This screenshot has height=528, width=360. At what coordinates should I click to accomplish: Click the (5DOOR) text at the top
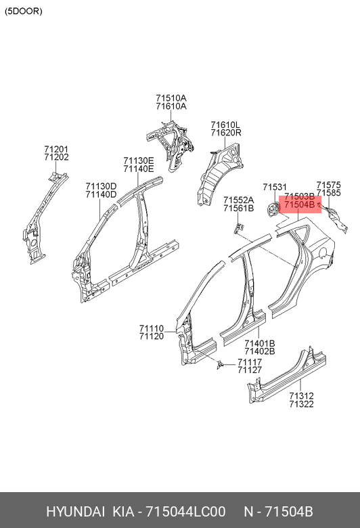tap(24, 11)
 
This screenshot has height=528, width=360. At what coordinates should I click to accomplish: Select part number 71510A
tap(171, 98)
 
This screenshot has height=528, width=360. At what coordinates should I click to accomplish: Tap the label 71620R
tap(226, 133)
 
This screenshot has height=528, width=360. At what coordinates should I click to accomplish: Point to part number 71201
tap(56, 149)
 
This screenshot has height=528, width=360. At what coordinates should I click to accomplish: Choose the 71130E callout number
tap(139, 160)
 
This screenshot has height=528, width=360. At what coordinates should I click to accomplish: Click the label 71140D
tap(101, 194)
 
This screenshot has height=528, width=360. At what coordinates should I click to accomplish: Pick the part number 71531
tap(275, 188)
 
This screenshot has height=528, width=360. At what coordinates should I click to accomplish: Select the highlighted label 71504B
tap(299, 204)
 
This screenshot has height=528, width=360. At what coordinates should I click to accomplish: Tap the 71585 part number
tap(328, 193)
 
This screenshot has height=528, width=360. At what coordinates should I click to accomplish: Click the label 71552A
tap(239, 200)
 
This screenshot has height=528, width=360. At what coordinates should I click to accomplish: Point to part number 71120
tap(152, 336)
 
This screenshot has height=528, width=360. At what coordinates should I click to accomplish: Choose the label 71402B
tap(260, 351)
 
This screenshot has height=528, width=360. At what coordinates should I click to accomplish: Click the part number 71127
tap(250, 370)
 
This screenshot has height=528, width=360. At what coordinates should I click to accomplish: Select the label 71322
tap(301, 404)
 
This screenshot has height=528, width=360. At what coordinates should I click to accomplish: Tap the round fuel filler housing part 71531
tap(273, 210)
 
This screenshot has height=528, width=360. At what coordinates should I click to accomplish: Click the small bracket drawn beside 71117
tap(220, 365)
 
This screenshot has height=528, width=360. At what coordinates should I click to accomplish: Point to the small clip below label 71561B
tap(238, 228)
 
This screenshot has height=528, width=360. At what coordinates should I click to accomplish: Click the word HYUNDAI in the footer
tap(75, 512)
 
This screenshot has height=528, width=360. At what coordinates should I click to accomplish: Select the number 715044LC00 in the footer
tap(185, 512)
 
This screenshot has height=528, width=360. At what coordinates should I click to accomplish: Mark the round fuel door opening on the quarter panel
tap(322, 252)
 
